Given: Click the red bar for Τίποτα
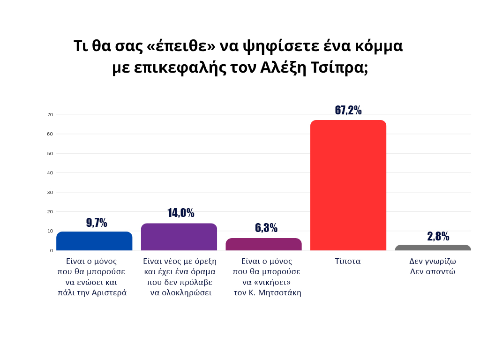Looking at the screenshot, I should (x=348, y=185).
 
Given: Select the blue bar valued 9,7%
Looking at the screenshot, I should (x=94, y=241).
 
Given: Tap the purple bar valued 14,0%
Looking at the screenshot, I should (x=179, y=237).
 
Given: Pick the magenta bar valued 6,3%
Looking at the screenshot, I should (x=263, y=244).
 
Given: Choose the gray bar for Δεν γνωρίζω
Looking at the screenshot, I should (x=433, y=247).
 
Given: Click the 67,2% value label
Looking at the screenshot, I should (x=348, y=110).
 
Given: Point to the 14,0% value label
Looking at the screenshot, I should (x=180, y=213).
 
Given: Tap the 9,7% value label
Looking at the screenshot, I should (x=97, y=223).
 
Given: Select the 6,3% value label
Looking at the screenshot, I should (x=266, y=228).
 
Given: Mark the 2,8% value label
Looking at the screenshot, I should (x=438, y=236).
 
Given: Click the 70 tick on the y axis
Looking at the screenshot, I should (x=50, y=115).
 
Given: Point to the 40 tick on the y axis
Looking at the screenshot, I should (x=50, y=173).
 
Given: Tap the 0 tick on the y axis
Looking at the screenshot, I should (x=52, y=250).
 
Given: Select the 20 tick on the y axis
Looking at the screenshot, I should (x=50, y=212).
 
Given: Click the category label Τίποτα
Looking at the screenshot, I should (x=348, y=261).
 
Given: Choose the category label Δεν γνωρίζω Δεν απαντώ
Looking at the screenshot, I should (x=433, y=266).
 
